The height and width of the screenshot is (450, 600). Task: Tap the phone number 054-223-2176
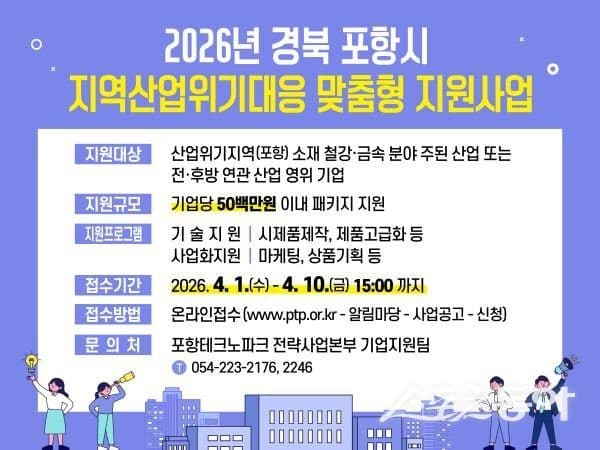[x=233, y=367]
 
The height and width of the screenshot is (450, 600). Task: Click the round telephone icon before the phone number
[x=179, y=367]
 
